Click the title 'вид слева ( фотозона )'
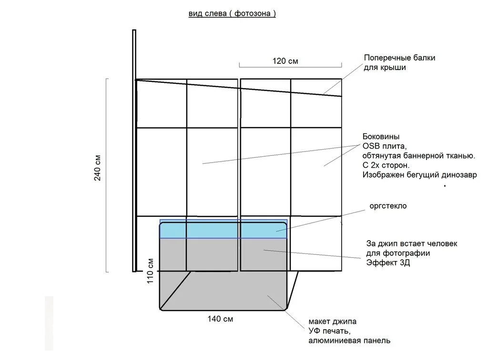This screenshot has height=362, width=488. click(x=232, y=13)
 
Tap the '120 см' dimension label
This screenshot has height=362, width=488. click(x=285, y=61)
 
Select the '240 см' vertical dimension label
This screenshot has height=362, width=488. click(x=97, y=168)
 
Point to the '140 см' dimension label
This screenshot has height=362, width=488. click(x=220, y=319)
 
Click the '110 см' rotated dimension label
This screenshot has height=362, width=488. click(x=150, y=271)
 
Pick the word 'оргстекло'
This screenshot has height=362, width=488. click(x=388, y=206)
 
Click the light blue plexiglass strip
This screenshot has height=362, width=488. click(x=223, y=229)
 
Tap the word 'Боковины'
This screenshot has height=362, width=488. click(x=381, y=137)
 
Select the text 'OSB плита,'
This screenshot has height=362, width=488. click(x=385, y=146)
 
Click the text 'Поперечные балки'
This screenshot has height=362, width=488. click(x=400, y=58)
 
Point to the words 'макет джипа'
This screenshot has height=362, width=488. click(x=332, y=322)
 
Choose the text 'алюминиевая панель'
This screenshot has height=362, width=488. click(x=349, y=341)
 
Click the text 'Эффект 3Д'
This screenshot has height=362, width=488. click(x=388, y=263)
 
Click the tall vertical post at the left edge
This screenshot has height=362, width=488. click(x=134, y=151)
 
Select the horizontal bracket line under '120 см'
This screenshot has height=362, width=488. click(x=290, y=67)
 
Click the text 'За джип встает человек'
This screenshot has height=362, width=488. click(x=412, y=243)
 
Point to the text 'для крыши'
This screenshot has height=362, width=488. click(x=385, y=68)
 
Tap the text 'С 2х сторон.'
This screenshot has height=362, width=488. click(x=386, y=165)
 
